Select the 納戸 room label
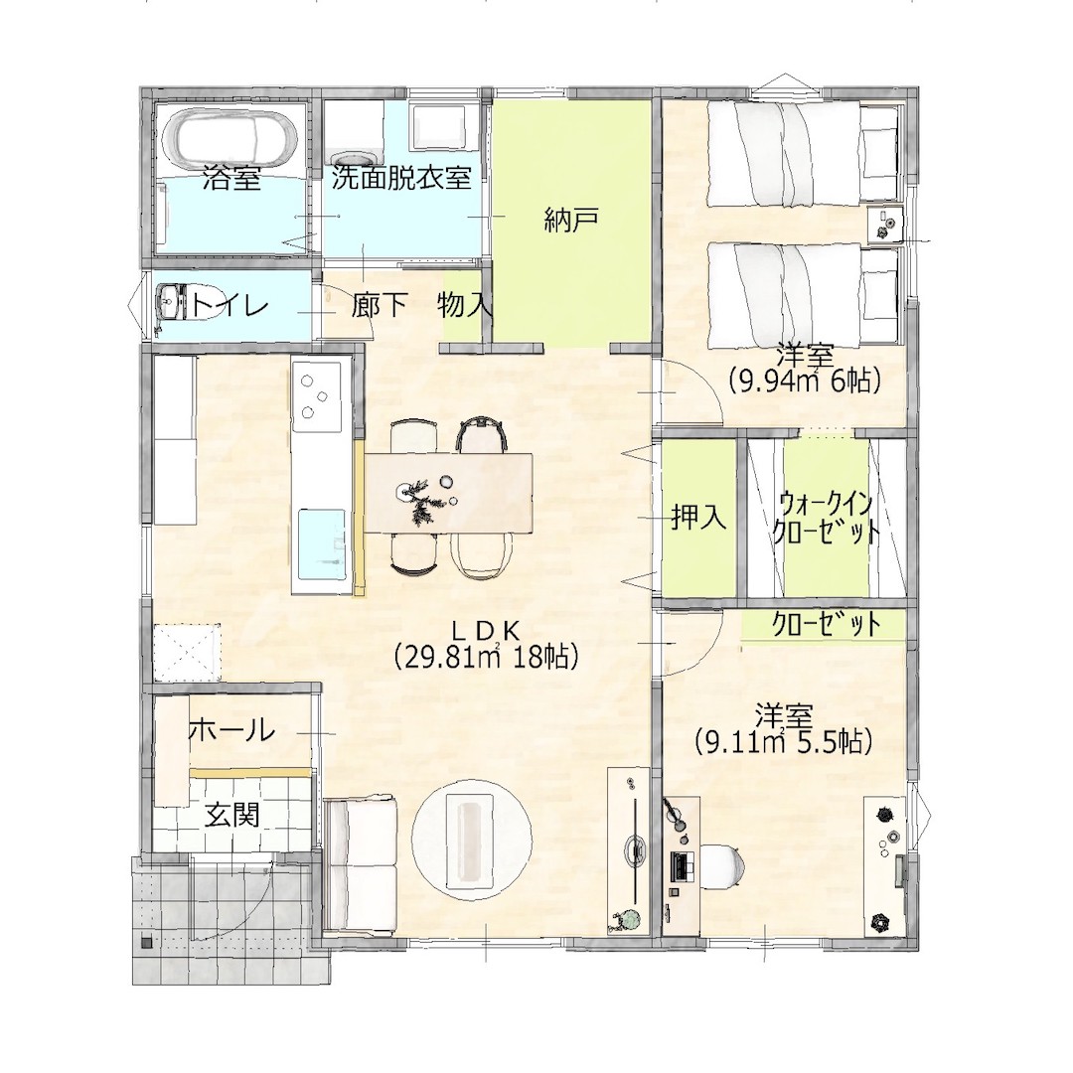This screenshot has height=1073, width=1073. tap(571, 220)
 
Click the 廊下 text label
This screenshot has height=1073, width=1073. tap(380, 305)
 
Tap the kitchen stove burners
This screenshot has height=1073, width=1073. tap(316, 396)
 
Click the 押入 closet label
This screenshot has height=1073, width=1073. tap(698, 518)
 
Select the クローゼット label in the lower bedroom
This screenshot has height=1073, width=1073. tap(826, 623)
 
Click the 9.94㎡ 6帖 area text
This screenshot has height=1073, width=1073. tap(804, 380)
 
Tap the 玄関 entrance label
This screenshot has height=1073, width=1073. tap(232, 815)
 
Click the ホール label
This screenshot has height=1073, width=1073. tap(231, 731)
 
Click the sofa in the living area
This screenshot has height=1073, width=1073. tap(361, 864)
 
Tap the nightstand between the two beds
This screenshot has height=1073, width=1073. tap(885, 224)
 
